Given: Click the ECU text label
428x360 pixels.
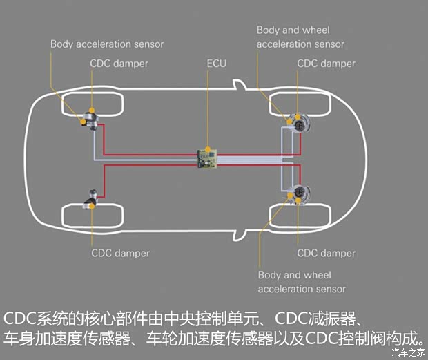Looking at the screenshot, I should (x=216, y=64).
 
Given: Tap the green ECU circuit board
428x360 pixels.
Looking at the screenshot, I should (x=206, y=158).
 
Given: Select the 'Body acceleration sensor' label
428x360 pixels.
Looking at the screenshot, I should (x=107, y=44).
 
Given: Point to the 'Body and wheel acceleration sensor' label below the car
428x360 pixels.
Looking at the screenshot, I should (x=302, y=281).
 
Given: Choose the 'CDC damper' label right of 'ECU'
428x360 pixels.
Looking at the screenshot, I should (x=326, y=64).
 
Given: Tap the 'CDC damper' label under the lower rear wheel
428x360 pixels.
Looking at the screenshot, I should (x=120, y=253).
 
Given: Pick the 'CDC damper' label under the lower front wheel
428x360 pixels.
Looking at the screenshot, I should (x=326, y=253).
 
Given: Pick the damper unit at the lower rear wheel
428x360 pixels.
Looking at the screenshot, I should (x=90, y=200).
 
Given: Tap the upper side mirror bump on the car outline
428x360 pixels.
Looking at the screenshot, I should (x=238, y=86).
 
